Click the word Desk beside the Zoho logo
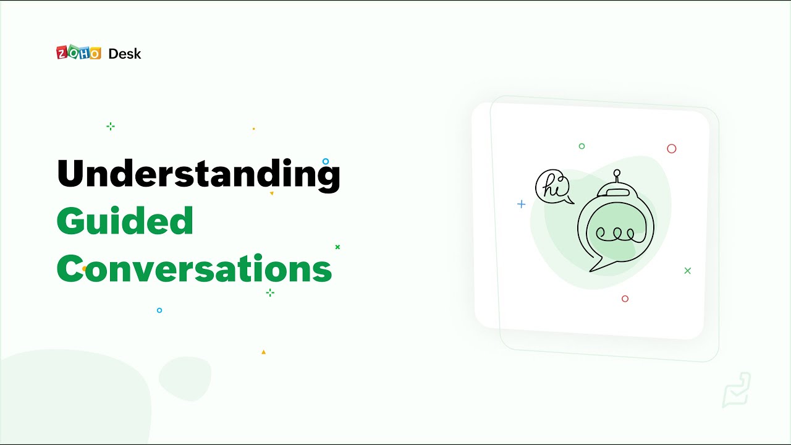click(124, 54)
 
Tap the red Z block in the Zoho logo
click(62, 53)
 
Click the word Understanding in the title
click(198, 174)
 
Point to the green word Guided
click(125, 221)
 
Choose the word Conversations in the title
click(194, 269)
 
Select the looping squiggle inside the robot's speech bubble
click(615, 234)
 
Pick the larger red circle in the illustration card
click(672, 148)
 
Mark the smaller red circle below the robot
click(625, 299)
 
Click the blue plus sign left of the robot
click(521, 204)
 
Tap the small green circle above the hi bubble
click(582, 146)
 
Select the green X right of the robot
click(688, 271)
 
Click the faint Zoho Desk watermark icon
click(737, 390)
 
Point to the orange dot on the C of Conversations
click(84, 269)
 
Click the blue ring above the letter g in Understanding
click(326, 161)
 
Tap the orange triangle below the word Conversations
click(263, 352)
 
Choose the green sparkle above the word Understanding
click(111, 126)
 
